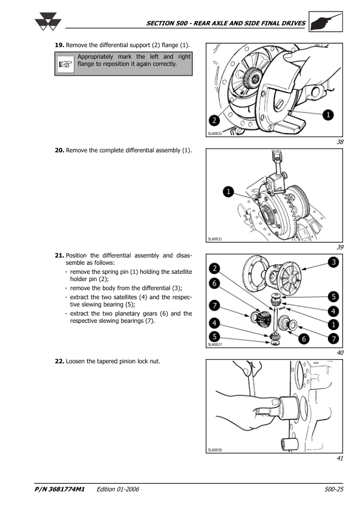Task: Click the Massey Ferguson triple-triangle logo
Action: click(x=48, y=22)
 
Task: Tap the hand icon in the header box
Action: click(x=326, y=22)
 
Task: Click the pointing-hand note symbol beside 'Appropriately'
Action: click(x=65, y=64)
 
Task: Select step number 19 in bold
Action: click(x=59, y=45)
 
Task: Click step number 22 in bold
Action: click(x=59, y=361)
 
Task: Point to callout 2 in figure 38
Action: click(x=214, y=120)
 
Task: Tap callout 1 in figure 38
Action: click(x=328, y=115)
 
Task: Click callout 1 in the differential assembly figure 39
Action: click(x=229, y=192)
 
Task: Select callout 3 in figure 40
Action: click(x=333, y=262)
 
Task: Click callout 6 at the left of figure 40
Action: click(x=214, y=284)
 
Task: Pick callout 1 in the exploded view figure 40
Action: click(x=333, y=325)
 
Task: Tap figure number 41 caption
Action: click(x=340, y=458)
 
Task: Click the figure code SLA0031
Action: click(x=215, y=239)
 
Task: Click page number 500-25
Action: click(x=334, y=489)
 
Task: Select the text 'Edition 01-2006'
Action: click(x=117, y=489)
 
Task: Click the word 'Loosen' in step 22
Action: click(x=76, y=361)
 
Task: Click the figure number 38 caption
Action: click(x=340, y=142)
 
